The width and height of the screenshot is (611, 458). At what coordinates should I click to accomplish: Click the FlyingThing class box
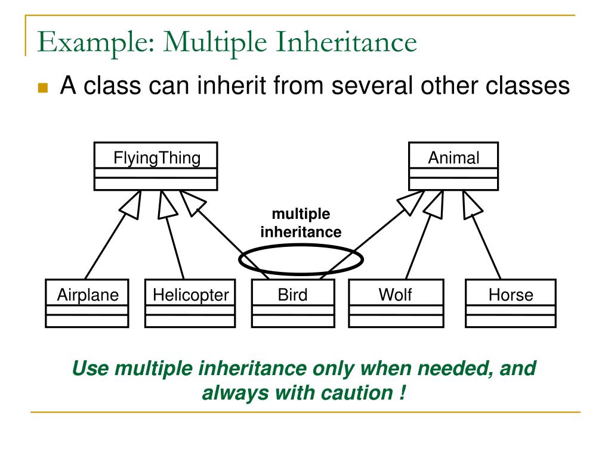tap(156, 166)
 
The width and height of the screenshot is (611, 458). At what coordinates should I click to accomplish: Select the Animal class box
tap(453, 166)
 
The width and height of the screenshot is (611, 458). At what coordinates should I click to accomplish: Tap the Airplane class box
tap(87, 304)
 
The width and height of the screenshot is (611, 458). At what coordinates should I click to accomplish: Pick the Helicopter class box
tap(190, 304)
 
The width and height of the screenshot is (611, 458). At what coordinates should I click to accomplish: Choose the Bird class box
tap(292, 304)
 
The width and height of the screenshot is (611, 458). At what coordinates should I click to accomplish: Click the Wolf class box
tap(396, 304)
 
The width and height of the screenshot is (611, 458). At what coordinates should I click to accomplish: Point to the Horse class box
tap(510, 304)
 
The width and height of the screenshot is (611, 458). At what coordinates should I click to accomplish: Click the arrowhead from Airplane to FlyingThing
tap(132, 205)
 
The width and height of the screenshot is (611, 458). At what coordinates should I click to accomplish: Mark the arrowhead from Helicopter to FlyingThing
tap(166, 205)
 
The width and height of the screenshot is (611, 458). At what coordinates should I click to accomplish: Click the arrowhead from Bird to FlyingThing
tap(193, 202)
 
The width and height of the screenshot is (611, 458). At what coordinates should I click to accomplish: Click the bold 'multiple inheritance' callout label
tap(301, 223)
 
